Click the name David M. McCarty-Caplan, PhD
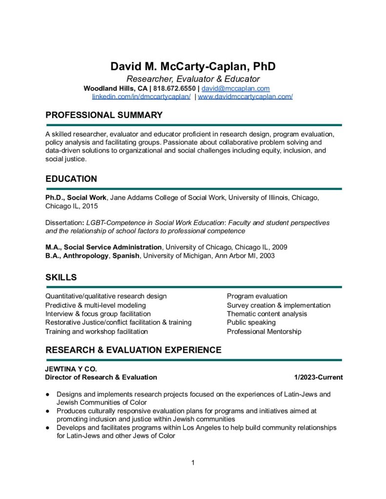pyautogui.click(x=193, y=66)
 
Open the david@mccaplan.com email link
pyautogui.click(x=236, y=89)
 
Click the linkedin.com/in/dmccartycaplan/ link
pyautogui.click(x=142, y=96)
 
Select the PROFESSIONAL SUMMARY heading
pyautogui.click(x=104, y=115)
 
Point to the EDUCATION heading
pyautogui.click(x=71, y=179)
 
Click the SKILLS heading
pyautogui.click(x=61, y=277)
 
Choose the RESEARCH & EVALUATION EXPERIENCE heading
pyautogui.click(x=133, y=350)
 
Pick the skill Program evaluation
pyautogui.click(x=257, y=296)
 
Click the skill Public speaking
pyautogui.click(x=251, y=323)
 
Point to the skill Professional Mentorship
pyautogui.click(x=264, y=331)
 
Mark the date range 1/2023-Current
pyautogui.click(x=318, y=377)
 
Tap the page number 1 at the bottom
pyautogui.click(x=193, y=462)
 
